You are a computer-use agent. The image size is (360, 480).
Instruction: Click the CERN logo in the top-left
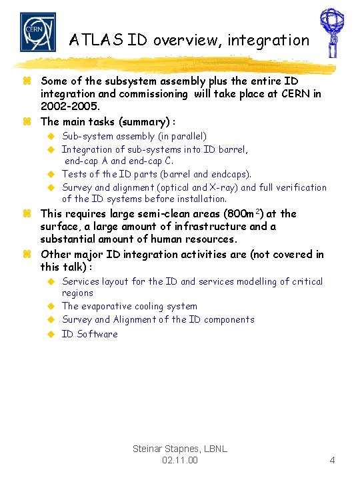click(x=37, y=31)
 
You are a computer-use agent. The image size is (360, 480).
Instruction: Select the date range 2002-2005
click(x=70, y=107)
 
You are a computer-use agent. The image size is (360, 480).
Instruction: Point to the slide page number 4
click(x=332, y=460)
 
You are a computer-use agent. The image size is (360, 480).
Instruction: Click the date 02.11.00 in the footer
click(x=179, y=461)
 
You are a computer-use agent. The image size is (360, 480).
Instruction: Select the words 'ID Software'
click(x=89, y=334)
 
